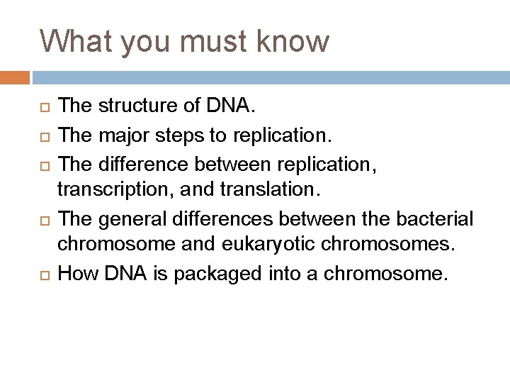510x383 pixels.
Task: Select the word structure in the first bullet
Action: [x=132, y=106]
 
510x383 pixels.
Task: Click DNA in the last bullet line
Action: [x=124, y=272]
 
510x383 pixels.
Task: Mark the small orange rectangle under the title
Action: [x=15, y=77]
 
